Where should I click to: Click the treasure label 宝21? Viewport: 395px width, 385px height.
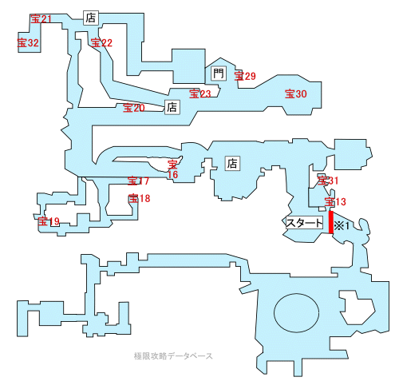(41, 19)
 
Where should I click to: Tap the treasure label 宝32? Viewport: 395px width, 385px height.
(28, 42)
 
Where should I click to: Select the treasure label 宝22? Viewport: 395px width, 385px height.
(101, 42)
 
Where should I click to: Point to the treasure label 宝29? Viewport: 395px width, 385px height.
(245, 76)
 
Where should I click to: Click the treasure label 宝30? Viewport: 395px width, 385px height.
(296, 93)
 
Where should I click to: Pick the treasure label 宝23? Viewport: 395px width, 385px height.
(200, 93)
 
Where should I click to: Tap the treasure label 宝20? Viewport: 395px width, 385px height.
(134, 108)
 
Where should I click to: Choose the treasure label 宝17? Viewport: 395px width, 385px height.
(138, 181)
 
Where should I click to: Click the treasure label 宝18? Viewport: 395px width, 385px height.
(139, 198)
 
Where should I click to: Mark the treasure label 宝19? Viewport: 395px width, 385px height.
(49, 221)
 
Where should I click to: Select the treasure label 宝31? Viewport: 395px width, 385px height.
(328, 181)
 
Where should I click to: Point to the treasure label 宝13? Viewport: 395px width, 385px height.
(335, 201)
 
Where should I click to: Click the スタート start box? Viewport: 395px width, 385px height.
(304, 223)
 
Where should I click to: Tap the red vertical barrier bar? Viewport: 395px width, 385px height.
(331, 222)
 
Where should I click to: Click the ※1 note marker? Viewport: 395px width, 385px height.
(342, 226)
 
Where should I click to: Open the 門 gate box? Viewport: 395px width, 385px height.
(219, 73)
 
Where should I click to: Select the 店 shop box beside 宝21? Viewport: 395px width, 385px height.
(91, 18)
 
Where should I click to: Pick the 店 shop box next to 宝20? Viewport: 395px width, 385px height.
(172, 107)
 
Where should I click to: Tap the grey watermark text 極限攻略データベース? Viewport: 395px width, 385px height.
(173, 356)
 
